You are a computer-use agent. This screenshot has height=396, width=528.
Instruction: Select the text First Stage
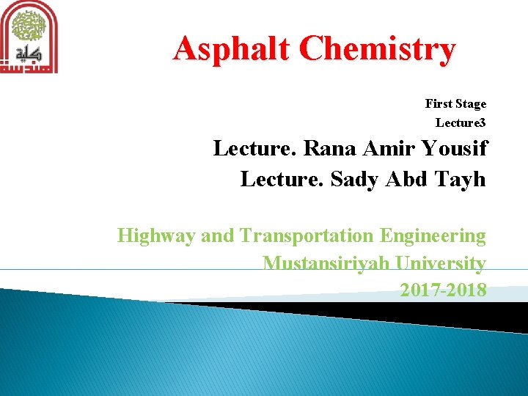coord(455,104)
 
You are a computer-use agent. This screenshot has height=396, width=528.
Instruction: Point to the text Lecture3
coord(461,122)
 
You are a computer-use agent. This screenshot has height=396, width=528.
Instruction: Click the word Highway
coord(156,236)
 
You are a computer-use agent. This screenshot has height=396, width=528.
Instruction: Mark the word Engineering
coord(433,236)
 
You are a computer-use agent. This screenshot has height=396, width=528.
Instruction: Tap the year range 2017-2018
coord(443,290)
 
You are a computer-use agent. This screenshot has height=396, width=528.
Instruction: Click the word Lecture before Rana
coord(254,149)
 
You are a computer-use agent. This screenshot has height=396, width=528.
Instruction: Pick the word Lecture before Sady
coord(282,180)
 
